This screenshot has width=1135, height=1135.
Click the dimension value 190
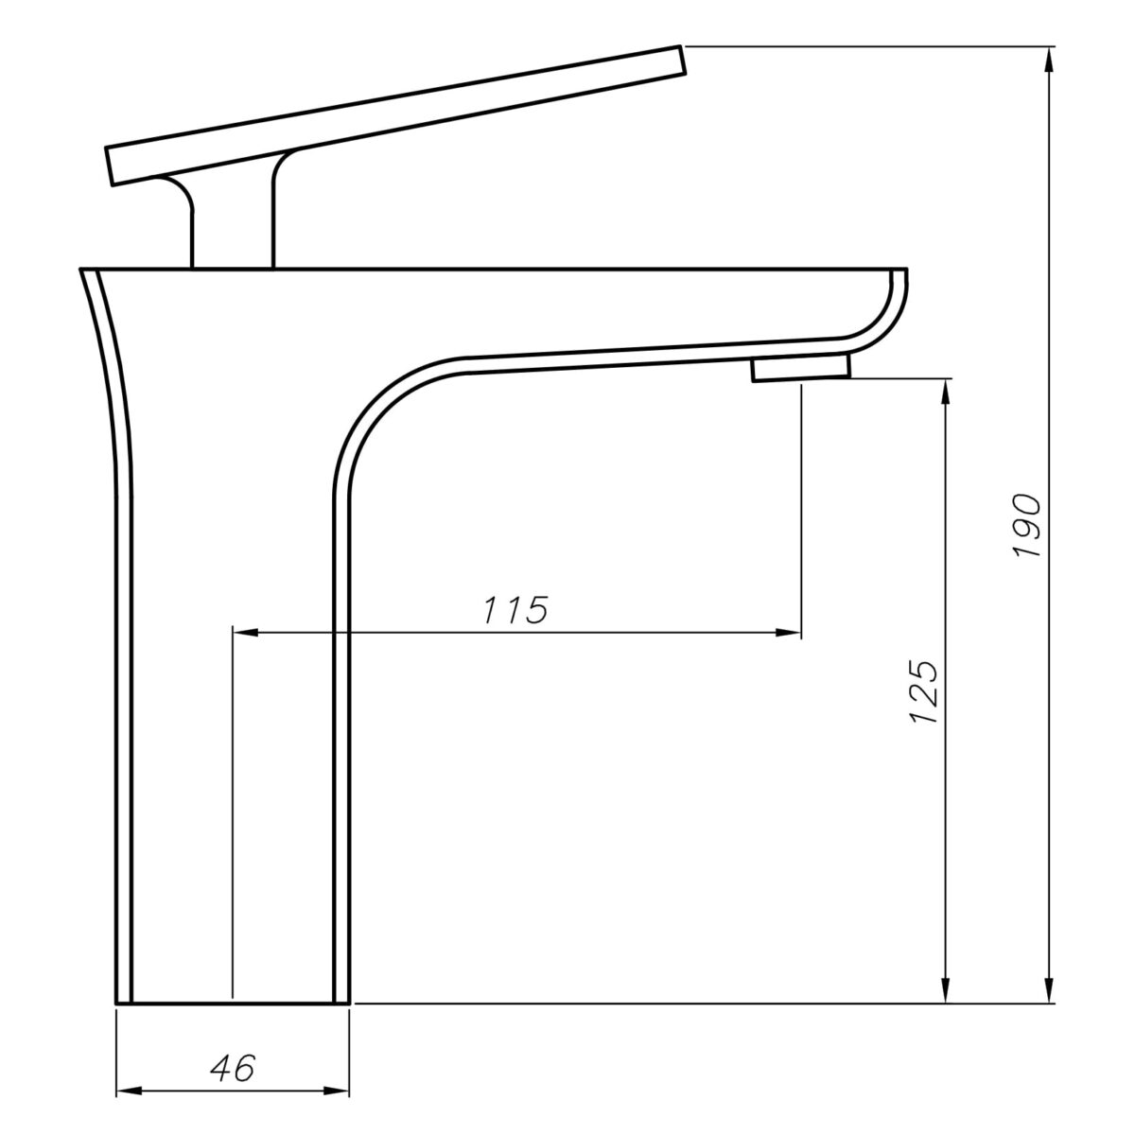click(1027, 526)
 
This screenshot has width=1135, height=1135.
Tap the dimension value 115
click(515, 610)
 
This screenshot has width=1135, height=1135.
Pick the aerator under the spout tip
click(801, 369)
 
